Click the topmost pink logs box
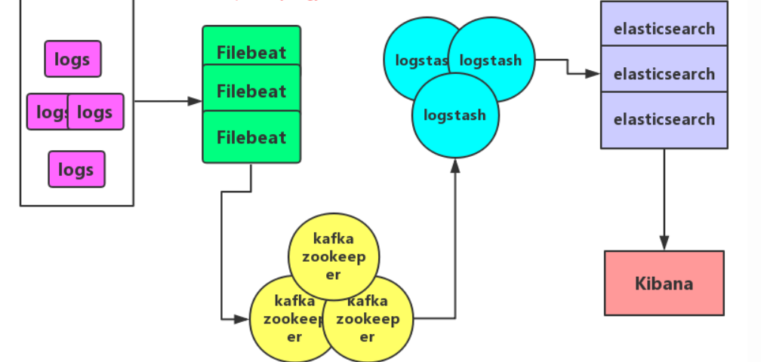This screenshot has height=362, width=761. click(72, 59)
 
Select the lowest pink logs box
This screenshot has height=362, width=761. click(76, 169)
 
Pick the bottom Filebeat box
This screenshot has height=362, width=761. click(251, 137)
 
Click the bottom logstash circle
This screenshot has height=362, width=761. click(455, 117)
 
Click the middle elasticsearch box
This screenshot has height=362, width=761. click(664, 73)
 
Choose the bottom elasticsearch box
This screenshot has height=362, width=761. click(664, 119)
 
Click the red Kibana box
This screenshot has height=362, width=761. click(664, 283)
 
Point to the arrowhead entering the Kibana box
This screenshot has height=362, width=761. click(664, 244)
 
